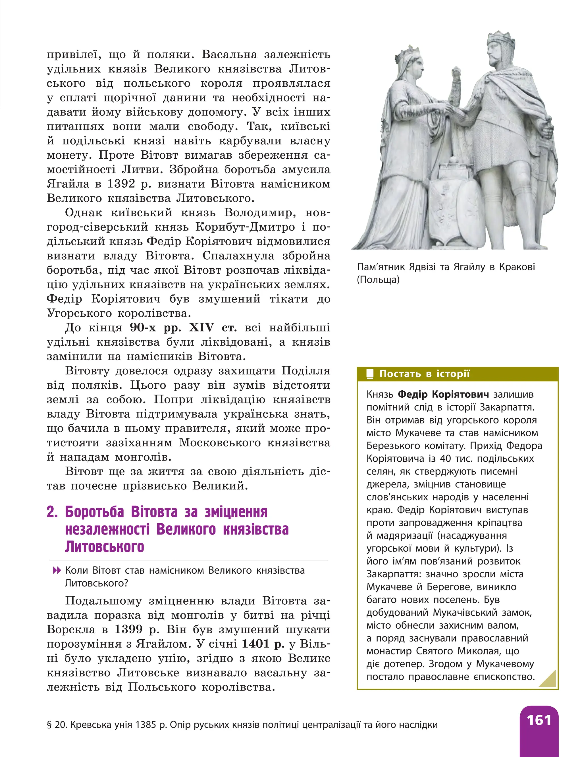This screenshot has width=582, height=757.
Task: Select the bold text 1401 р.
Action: coord(263,643)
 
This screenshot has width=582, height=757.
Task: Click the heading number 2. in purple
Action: coord(52,512)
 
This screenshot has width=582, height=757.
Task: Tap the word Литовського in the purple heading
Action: coord(104,547)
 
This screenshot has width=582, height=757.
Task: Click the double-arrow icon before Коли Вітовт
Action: coord(57,570)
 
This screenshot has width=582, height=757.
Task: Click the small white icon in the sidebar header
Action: coord(370,374)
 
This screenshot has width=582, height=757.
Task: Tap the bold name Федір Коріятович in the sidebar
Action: coord(443,394)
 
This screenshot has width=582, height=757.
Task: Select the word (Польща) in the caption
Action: coord(378,280)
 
